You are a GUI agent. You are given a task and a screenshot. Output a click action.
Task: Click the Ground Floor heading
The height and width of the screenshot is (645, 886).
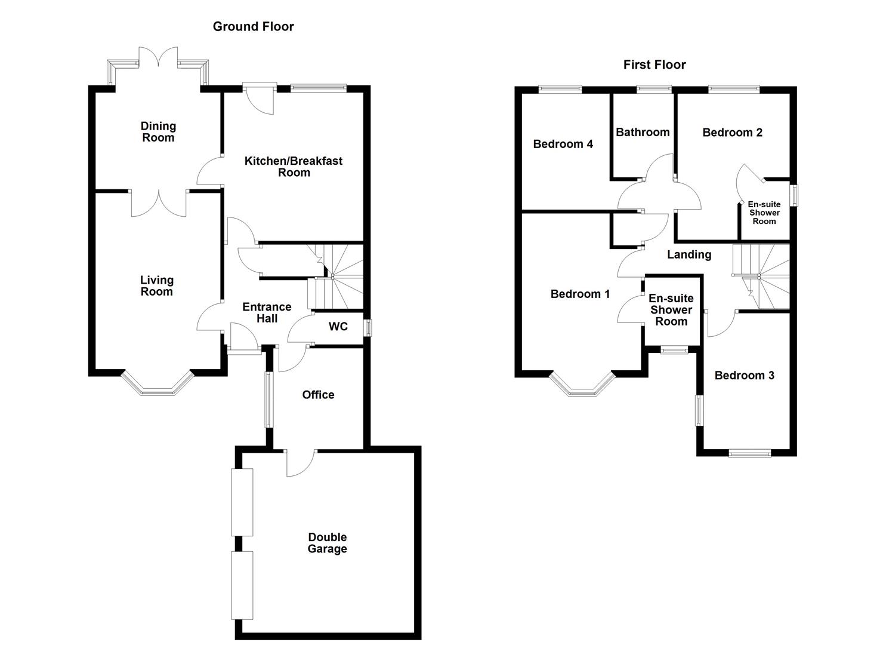[x=253, y=26]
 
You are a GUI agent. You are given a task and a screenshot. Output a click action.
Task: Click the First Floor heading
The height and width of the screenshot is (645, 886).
[x=655, y=64]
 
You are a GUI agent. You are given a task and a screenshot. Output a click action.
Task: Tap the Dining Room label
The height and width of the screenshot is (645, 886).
[x=158, y=131]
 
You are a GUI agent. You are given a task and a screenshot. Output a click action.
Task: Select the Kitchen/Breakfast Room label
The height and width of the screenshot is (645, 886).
[x=294, y=167]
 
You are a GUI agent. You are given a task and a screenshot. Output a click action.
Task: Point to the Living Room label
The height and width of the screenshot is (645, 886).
[x=156, y=285]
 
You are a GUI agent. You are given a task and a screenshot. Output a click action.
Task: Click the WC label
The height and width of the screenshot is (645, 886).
[x=338, y=327]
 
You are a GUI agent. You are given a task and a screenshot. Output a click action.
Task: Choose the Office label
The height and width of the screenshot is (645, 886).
[x=318, y=395]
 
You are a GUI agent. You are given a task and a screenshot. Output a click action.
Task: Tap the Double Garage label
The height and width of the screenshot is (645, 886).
[x=327, y=543]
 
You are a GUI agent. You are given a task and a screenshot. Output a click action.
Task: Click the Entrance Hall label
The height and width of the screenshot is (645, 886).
[x=267, y=312]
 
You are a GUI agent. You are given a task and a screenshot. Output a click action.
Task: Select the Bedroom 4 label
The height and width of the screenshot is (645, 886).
[x=563, y=144]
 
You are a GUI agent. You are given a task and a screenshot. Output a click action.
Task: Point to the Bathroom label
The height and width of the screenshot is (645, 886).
[x=643, y=132]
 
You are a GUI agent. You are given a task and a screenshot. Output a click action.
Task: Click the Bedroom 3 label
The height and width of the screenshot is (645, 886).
[x=744, y=375]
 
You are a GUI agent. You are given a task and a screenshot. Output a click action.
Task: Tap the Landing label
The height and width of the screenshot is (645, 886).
[x=689, y=254]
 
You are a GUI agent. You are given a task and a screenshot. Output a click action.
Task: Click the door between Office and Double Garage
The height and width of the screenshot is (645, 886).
[x=301, y=461]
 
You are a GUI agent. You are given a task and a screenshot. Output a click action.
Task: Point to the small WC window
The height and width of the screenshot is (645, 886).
[x=368, y=328]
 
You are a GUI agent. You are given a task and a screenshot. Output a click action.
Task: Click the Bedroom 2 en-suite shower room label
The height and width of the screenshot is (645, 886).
[x=764, y=213]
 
